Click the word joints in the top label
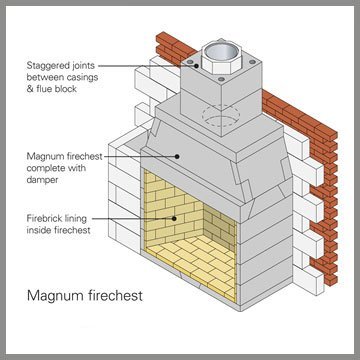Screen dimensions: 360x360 [x=84, y=66]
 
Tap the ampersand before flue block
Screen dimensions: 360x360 [x=31, y=89]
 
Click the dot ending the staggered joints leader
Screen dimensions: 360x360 [x=196, y=66]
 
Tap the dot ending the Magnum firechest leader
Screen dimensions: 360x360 [x=178, y=156]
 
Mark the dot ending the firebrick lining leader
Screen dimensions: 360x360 [x=174, y=219]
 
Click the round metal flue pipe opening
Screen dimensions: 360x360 [x=222, y=52]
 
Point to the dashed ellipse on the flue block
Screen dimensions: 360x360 [x=221, y=115]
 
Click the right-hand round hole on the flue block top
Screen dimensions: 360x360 [x=252, y=62]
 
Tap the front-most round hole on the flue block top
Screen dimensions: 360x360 [x=221, y=79]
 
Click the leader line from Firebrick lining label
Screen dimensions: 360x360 [x=133, y=219]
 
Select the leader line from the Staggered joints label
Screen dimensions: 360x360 [x=147, y=66]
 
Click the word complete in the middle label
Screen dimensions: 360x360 [x=47, y=168]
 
